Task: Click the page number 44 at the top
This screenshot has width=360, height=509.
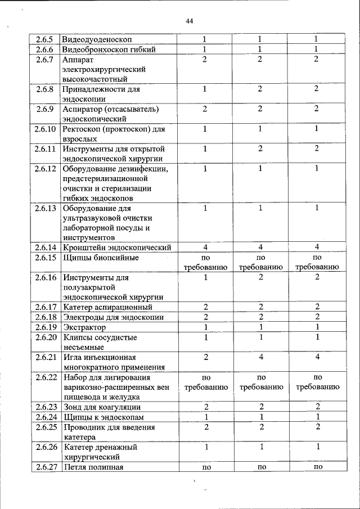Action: coord(189,21)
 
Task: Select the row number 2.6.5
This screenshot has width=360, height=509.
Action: coord(44,39)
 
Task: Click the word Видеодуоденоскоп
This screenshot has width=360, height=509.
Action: coord(97,39)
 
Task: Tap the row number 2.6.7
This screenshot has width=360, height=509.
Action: coord(44,60)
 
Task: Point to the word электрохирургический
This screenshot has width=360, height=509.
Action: coord(105,69)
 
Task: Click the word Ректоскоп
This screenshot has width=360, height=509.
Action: coord(82,129)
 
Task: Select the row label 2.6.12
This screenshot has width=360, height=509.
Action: coord(44,169)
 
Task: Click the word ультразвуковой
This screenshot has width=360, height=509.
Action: coord(93,218)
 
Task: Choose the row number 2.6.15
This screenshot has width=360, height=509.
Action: coord(44,258)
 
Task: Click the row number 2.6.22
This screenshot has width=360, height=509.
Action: coord(44,377)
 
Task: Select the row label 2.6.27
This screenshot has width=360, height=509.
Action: coord(44,467)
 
